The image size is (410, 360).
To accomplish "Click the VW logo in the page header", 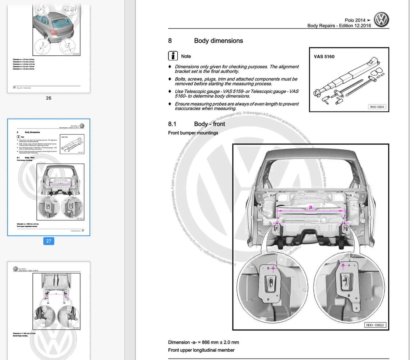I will [x=381, y=20].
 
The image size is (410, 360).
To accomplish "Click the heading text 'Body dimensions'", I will [x=218, y=41].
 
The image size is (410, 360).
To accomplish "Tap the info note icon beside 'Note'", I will [x=173, y=56].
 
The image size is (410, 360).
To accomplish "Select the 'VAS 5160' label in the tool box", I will [x=324, y=56].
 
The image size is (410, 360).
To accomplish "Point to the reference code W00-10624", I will [x=377, y=107].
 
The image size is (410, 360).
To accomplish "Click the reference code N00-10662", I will [x=375, y=325].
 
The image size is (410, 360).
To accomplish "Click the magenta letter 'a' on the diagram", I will [x=310, y=207].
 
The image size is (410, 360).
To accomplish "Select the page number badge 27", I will [x=49, y=241].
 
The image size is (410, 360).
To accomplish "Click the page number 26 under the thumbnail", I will [x=49, y=98].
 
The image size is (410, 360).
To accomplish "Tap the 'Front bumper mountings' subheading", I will [x=193, y=133].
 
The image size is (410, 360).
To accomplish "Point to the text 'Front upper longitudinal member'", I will [x=201, y=350].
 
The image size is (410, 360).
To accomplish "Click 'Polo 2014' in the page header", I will [x=355, y=20].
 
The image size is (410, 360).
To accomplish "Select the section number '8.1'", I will [x=172, y=124].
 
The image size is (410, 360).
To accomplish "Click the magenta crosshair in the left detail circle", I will [x=273, y=268].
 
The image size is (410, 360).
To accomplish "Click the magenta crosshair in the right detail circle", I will [x=343, y=265].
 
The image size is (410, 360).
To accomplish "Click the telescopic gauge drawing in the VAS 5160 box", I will [x=349, y=81].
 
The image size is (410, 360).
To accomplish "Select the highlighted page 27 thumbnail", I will [x=49, y=177].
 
